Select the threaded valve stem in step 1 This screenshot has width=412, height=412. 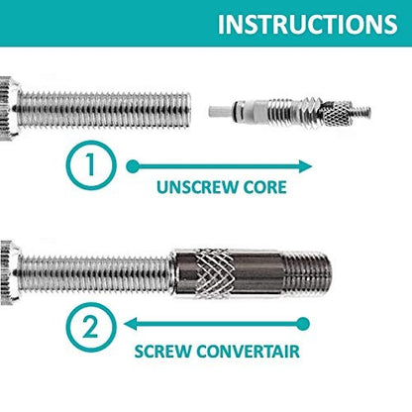(x=109, y=98)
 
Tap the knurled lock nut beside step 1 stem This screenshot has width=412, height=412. (x=6, y=98)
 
